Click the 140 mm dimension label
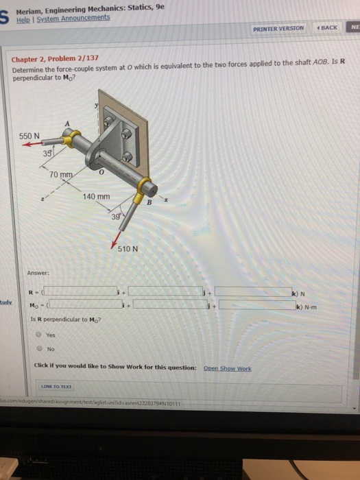click(x=96, y=197)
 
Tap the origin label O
click(x=100, y=174)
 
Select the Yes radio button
click(x=40, y=335)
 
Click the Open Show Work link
click(x=227, y=368)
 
